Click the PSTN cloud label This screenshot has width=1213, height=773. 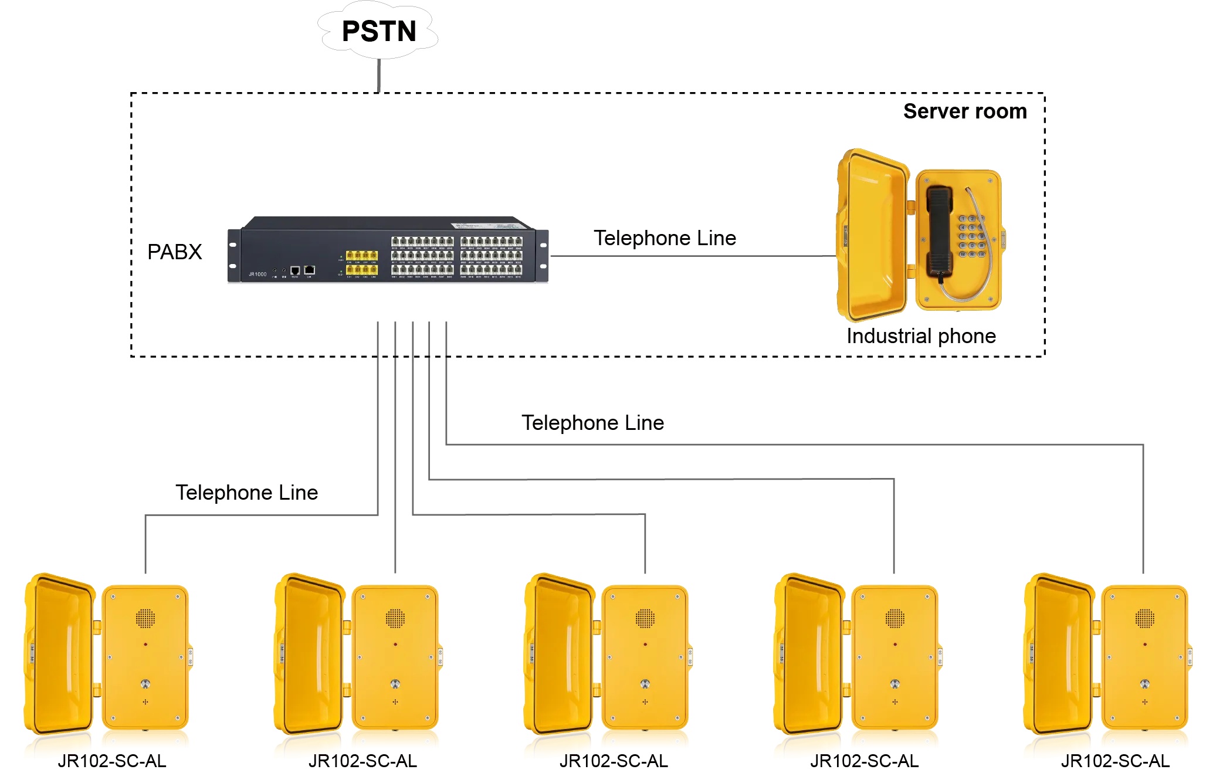379,31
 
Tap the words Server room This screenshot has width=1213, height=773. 964,111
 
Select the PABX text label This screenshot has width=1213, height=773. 174,252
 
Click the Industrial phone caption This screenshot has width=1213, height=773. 920,336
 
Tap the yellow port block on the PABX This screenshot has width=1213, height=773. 361,262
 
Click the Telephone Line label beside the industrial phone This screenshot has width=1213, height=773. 665,238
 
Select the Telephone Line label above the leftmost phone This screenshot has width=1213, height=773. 246,493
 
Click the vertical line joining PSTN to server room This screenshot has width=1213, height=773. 379,75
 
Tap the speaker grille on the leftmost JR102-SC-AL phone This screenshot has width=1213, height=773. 145,618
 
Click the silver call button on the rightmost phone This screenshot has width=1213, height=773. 1144,684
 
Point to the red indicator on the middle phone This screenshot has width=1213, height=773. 645,644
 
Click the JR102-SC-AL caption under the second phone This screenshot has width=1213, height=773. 362,761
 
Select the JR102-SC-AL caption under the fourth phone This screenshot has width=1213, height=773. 864,761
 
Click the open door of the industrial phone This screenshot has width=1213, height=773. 871,235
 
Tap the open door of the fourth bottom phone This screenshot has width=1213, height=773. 809,654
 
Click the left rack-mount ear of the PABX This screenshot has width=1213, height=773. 233,256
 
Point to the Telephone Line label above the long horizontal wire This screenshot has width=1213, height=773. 592,423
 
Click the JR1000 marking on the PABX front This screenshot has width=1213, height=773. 257,274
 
